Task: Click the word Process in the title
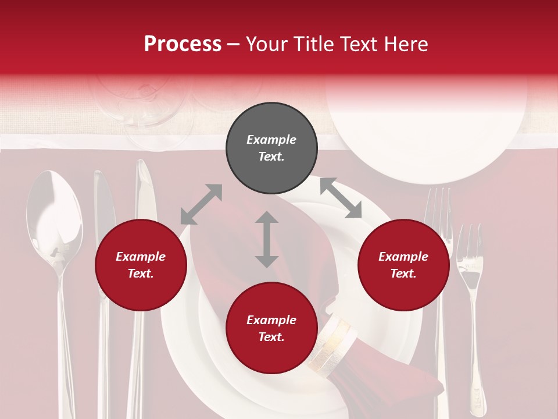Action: tap(183, 44)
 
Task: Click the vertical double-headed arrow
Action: tap(267, 239)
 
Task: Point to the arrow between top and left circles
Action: tap(201, 204)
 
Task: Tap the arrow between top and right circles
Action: tap(341, 198)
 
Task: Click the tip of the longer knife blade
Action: tap(143, 166)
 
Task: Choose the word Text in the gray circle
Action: tap(271, 157)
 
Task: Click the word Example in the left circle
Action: tap(141, 257)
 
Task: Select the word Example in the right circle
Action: tap(403, 257)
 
